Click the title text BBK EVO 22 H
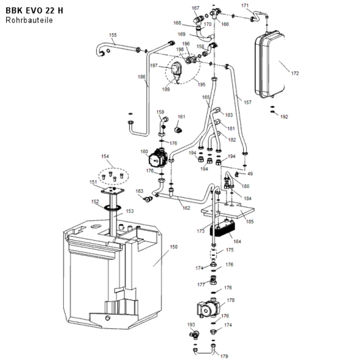34,10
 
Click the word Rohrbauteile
29,20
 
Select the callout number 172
295,73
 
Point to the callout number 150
174,247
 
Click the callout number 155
113,35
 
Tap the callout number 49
250,174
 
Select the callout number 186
141,77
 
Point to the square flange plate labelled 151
112,190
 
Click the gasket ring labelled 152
112,208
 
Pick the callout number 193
191,325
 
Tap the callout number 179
224,356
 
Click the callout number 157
248,102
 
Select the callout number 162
186,208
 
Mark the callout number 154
105,156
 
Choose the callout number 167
195,8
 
